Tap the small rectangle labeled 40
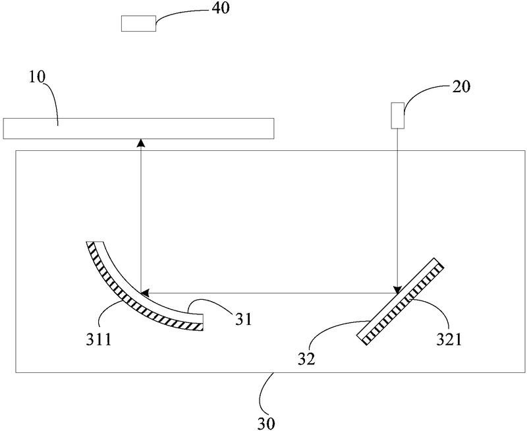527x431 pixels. (x=138, y=23)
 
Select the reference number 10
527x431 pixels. (x=37, y=76)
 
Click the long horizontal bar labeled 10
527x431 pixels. (x=138, y=128)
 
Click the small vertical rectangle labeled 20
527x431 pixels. (x=397, y=115)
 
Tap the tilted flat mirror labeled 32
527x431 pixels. (x=401, y=299)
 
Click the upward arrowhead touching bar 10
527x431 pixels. (x=140, y=143)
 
